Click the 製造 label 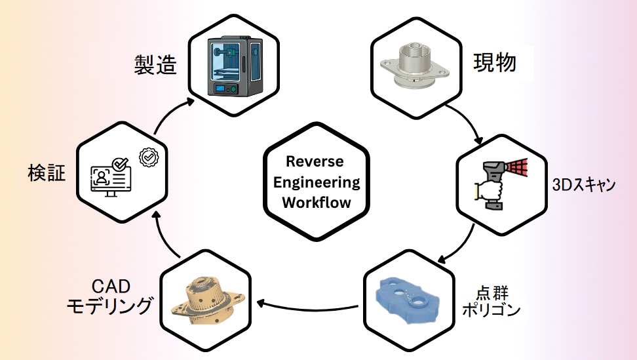(155, 64)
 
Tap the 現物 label (495, 62)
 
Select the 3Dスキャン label (583, 184)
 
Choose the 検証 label (47, 173)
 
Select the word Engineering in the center (317, 182)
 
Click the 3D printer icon (234, 68)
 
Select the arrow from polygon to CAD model (308, 304)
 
